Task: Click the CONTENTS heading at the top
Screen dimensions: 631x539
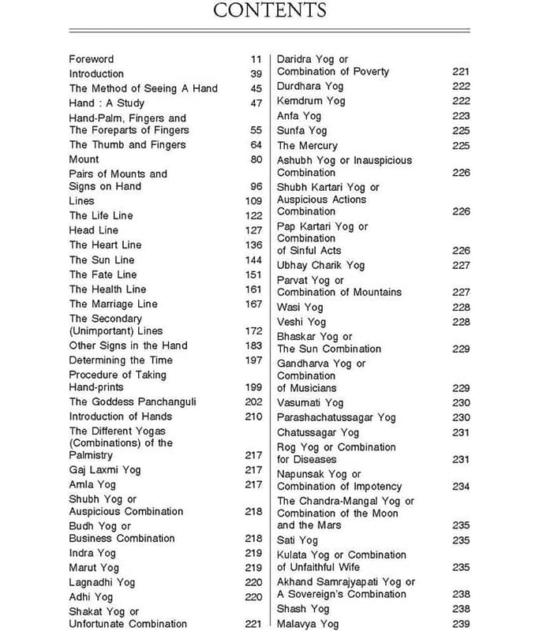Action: [x=269, y=11]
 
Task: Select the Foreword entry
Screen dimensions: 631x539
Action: [x=92, y=58]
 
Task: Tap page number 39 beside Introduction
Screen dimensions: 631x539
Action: [x=256, y=73]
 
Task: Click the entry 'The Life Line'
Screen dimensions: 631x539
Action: [x=101, y=215]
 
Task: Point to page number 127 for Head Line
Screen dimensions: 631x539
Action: [x=253, y=230]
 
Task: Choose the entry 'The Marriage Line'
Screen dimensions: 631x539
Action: [x=113, y=304]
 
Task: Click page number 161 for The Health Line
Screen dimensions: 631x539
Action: [x=253, y=289]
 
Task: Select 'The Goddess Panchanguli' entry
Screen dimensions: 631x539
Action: [x=133, y=401]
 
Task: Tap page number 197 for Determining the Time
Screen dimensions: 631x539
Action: [x=253, y=360]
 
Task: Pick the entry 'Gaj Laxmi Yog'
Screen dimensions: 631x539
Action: [x=105, y=469]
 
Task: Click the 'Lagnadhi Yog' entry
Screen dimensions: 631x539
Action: [x=102, y=582]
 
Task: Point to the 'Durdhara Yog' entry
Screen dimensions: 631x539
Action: [x=310, y=86]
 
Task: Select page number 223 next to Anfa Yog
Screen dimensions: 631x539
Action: [x=461, y=116]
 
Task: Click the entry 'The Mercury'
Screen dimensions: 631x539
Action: [x=307, y=146]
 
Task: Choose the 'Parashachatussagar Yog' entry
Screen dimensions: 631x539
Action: [x=335, y=417]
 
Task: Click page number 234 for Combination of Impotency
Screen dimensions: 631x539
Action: [x=461, y=487]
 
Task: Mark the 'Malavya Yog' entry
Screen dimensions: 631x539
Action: [x=307, y=624]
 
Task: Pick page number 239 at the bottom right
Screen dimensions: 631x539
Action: [x=461, y=624]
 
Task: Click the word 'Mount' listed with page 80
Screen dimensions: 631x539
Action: [x=84, y=159]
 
